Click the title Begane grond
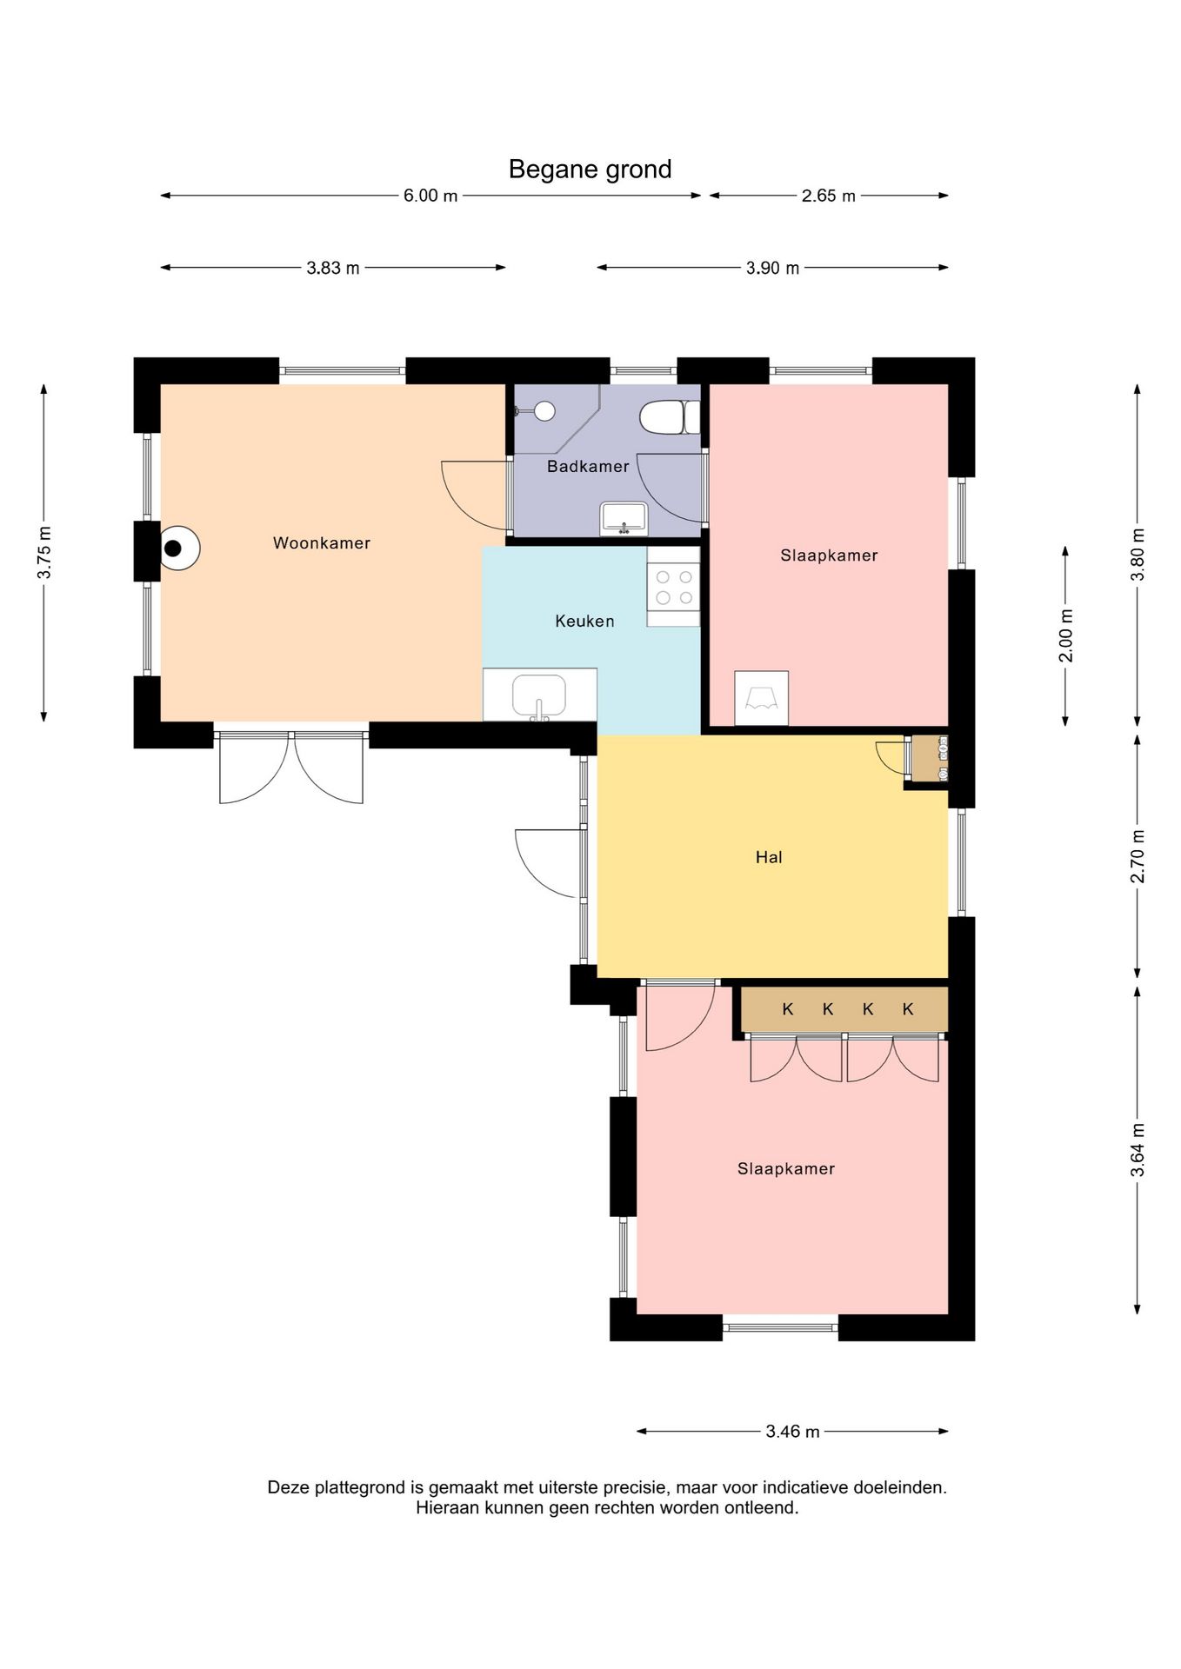pos(590,170)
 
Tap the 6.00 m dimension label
pos(430,196)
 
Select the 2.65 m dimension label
pos(829,196)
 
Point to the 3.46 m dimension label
pos(792,1432)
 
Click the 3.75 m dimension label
pos(44,553)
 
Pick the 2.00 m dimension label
pos(1066,635)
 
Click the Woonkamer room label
pos(322,543)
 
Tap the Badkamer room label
pos(588,467)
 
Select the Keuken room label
pos(584,622)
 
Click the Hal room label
pos(769,858)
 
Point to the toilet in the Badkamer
pos(670,417)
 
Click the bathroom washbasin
pos(624,519)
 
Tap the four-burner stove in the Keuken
pos(673,587)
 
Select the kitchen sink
pos(539,696)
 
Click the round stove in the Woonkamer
pos(179,549)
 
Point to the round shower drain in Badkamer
pos(544,410)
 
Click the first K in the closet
pos(788,1009)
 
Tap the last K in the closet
pos(908,1009)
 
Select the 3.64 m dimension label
pos(1138,1150)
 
